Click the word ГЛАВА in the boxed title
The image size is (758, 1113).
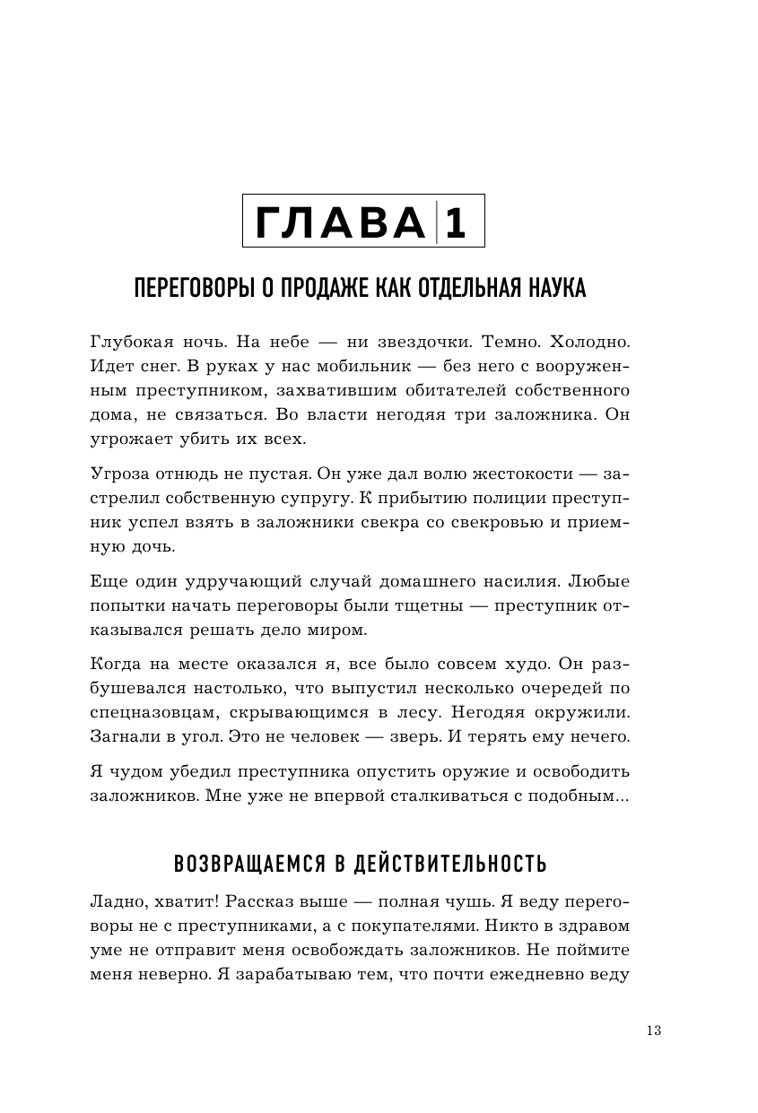337,222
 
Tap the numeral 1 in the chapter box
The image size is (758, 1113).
456,222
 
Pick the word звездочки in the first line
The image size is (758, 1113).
415,343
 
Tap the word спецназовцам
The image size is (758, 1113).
151,713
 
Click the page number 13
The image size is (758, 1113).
653,1030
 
